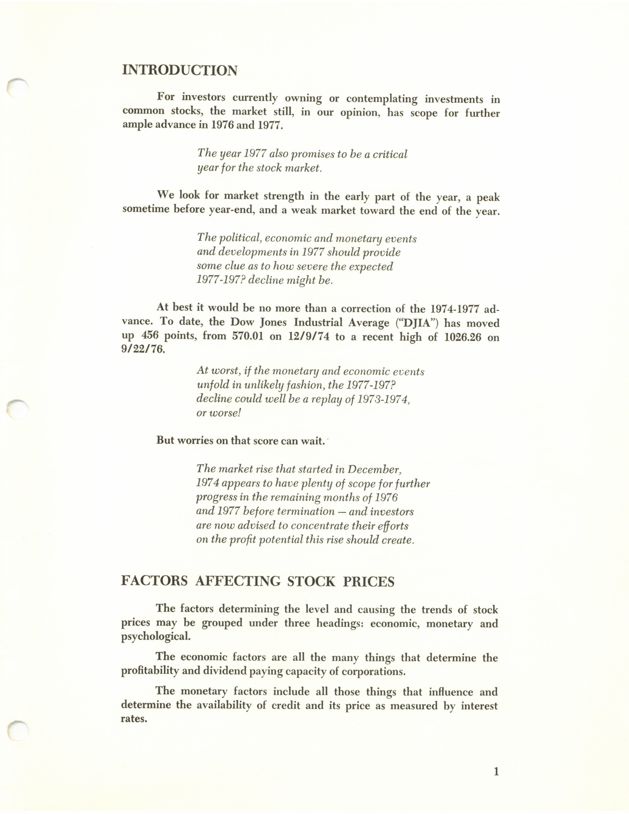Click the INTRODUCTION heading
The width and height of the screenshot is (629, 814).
(179, 70)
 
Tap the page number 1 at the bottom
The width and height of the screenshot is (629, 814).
(496, 771)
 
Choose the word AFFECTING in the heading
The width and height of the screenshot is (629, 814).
(237, 582)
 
